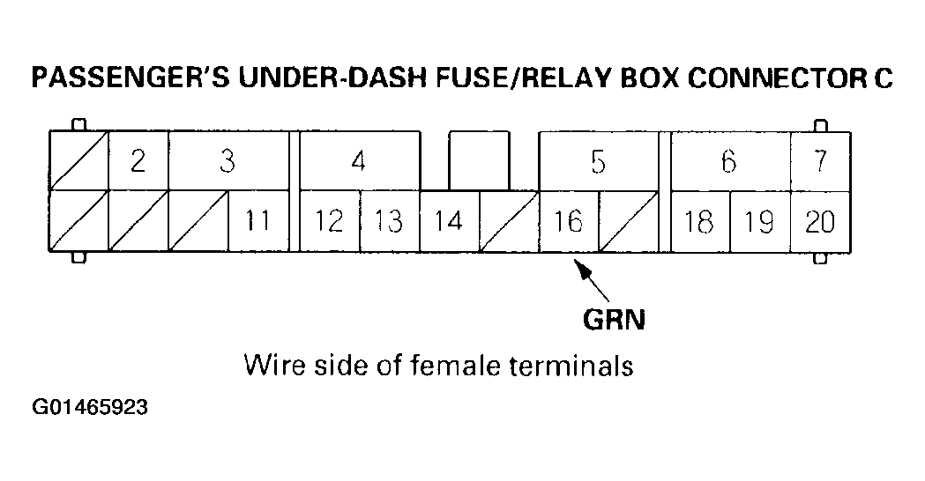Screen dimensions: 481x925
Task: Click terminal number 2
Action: (x=138, y=161)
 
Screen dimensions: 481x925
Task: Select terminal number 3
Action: (x=228, y=161)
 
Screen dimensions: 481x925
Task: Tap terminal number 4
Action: (x=358, y=161)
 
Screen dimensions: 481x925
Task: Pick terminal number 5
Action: (x=598, y=161)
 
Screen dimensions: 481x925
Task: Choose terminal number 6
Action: (x=728, y=161)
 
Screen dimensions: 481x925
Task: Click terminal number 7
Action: (x=820, y=161)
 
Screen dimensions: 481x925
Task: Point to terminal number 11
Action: (x=257, y=220)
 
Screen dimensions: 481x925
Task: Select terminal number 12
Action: (x=329, y=220)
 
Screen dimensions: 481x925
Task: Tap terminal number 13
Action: (x=389, y=220)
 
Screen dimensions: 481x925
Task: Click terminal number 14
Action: (x=449, y=220)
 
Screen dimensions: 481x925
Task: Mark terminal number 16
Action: (x=568, y=220)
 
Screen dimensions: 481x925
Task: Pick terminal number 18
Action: (x=699, y=220)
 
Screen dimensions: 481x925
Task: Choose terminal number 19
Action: (x=759, y=220)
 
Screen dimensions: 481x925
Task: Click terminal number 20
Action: (x=820, y=220)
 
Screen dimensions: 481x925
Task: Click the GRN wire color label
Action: (x=614, y=318)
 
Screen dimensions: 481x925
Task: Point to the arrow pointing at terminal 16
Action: (x=593, y=280)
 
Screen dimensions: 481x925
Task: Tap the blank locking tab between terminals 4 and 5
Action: (x=479, y=160)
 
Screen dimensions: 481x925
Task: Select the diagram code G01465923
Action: (x=89, y=409)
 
